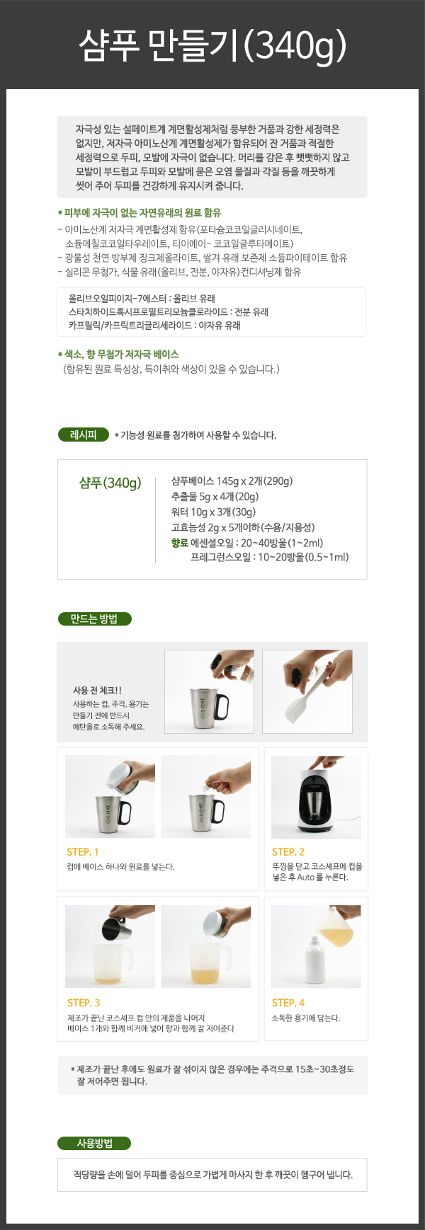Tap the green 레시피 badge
click(84, 435)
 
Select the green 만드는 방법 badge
click(94, 619)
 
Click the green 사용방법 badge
click(94, 1143)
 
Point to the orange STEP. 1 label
click(83, 852)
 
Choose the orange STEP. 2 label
click(288, 852)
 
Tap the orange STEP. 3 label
click(84, 1003)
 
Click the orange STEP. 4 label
click(288, 1003)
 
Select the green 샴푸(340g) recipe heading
click(110, 483)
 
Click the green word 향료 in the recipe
click(180, 543)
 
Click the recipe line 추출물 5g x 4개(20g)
click(215, 496)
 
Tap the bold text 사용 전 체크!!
click(98, 690)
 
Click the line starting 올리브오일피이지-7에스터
click(142, 299)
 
